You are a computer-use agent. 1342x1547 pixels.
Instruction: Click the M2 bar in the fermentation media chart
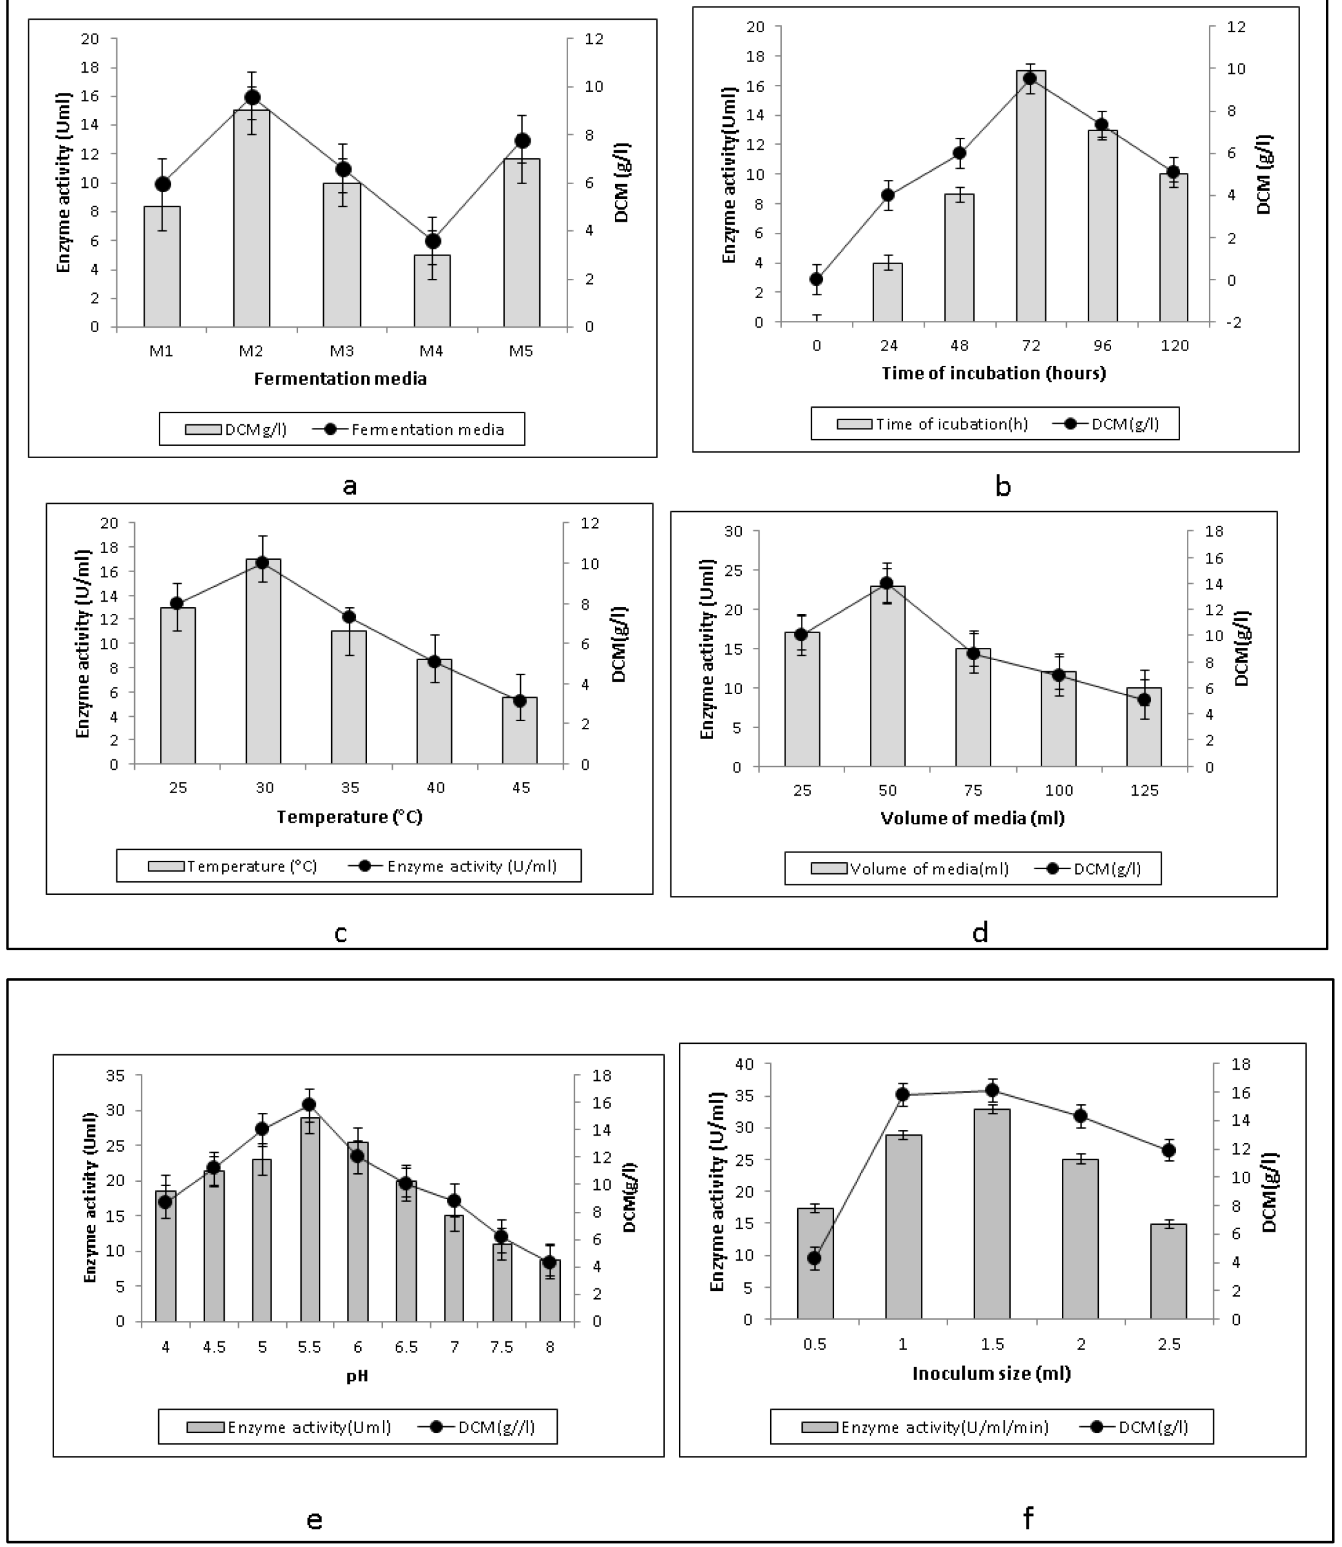[252, 218]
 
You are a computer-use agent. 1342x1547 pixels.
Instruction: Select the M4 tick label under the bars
[432, 350]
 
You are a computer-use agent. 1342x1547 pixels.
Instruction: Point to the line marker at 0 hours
[816, 280]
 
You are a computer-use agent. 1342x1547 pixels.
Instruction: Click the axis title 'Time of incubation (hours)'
[993, 373]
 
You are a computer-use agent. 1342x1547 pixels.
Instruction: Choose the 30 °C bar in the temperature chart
[263, 661]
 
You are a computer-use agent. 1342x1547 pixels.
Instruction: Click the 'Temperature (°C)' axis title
[350, 816]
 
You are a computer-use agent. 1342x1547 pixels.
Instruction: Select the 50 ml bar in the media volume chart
[888, 676]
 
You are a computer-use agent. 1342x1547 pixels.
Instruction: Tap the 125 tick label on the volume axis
[1144, 790]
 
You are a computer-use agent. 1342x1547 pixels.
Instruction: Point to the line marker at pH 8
[549, 1262]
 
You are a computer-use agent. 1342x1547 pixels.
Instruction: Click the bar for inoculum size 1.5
[992, 1214]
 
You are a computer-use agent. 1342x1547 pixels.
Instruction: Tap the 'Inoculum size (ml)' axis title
[992, 1373]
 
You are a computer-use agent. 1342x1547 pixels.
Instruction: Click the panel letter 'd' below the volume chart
[980, 931]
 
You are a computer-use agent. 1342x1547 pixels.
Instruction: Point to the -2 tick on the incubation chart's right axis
[1236, 322]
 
